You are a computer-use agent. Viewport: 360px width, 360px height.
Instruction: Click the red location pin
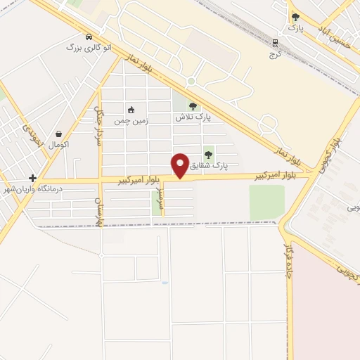[x=180, y=165]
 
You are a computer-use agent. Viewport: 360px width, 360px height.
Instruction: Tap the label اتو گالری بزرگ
[x=84, y=48]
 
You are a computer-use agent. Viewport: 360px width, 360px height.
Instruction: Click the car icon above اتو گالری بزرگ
[x=87, y=37]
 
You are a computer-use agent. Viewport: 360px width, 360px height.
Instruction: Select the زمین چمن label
[x=131, y=120]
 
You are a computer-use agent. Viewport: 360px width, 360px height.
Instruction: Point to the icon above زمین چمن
[x=131, y=110]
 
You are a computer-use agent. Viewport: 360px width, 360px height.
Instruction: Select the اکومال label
[x=59, y=144]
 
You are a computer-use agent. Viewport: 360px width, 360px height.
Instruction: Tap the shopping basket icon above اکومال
[x=59, y=134]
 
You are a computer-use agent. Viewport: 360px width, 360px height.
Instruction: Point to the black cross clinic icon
[x=32, y=179]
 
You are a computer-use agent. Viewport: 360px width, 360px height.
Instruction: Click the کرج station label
[x=276, y=54]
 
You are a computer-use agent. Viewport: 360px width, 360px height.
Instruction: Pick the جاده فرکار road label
[x=286, y=259]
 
